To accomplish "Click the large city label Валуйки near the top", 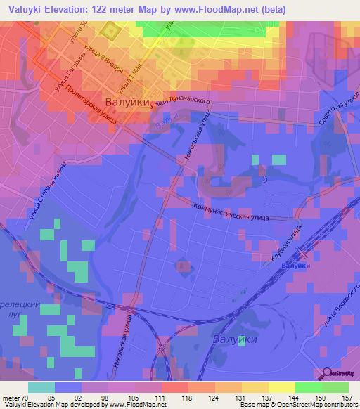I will point(127,103).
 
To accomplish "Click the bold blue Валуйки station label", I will point(295,266).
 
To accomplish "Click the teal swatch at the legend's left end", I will point(41,387).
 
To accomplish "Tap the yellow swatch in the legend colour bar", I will point(281,387).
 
